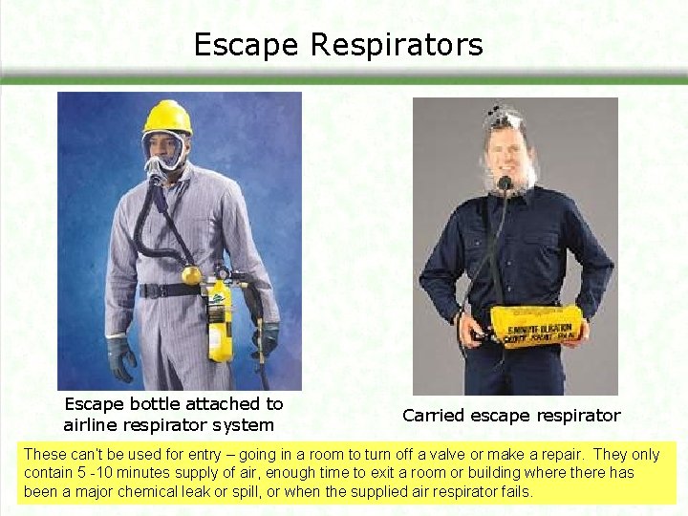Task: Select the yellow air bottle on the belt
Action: click(x=220, y=320)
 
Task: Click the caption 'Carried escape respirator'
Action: click(x=511, y=416)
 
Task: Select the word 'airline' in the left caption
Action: click(x=94, y=425)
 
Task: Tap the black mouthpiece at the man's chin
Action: click(x=505, y=183)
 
